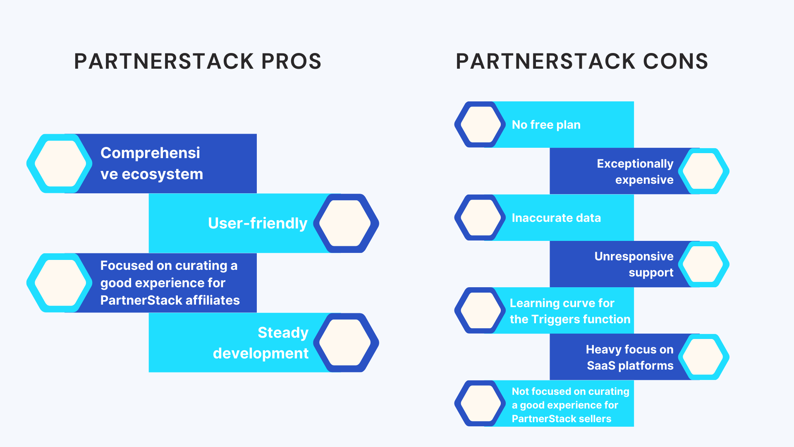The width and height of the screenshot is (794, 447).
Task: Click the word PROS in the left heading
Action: coord(291,62)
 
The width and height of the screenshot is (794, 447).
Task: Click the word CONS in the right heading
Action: coord(675,62)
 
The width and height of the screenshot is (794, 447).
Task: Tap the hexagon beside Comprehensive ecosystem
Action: coord(60,163)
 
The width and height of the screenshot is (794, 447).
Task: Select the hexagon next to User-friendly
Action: coord(346,223)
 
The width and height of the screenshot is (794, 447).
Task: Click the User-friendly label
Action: coord(258,223)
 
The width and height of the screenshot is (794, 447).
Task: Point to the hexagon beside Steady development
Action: coord(346,342)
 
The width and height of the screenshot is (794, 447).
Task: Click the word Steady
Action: coord(283,333)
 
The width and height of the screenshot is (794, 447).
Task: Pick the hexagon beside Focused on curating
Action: coord(60,283)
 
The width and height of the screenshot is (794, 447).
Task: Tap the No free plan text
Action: coord(546,125)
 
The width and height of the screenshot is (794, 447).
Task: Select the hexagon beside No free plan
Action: coord(480,124)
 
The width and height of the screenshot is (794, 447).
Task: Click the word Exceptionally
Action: coord(635,163)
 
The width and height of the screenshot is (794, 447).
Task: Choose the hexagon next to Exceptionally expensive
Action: coord(703,171)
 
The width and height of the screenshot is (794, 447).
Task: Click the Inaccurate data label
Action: coord(556,218)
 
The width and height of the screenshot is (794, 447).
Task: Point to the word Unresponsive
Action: coord(634,256)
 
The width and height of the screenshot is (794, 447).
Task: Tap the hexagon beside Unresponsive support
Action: coord(703,264)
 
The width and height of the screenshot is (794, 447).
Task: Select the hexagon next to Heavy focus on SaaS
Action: coord(703,357)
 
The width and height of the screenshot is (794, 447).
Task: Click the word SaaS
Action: coord(601,365)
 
